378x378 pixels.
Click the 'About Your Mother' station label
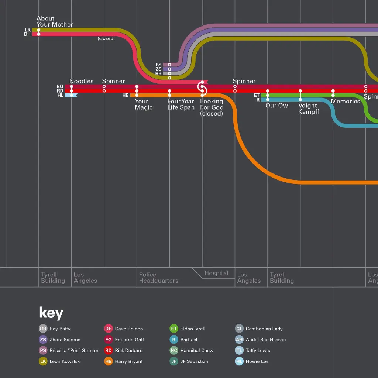pos(55,21)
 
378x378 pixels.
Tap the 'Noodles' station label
pos(81,81)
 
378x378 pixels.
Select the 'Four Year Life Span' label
pos(181,104)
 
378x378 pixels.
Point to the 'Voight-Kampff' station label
pos(309,109)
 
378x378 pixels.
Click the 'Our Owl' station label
pos(278,105)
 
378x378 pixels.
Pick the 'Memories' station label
pos(346,101)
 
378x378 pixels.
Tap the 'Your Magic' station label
pos(144,104)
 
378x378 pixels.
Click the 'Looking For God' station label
pos(212,104)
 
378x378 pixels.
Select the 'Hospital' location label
pos(216,273)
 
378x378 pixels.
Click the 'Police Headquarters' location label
pos(159,278)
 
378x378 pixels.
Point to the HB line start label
pos(126,95)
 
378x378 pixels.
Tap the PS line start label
pos(158,65)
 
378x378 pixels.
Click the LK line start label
pos(28,30)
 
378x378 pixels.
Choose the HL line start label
pos(60,95)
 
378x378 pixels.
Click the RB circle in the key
pos(43,329)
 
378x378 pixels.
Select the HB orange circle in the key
pos(109,361)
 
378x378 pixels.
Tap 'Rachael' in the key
pos(189,340)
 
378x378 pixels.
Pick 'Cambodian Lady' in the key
pos(264,329)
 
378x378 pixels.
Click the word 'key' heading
pos(51,313)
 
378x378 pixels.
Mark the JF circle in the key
pos(174,361)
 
